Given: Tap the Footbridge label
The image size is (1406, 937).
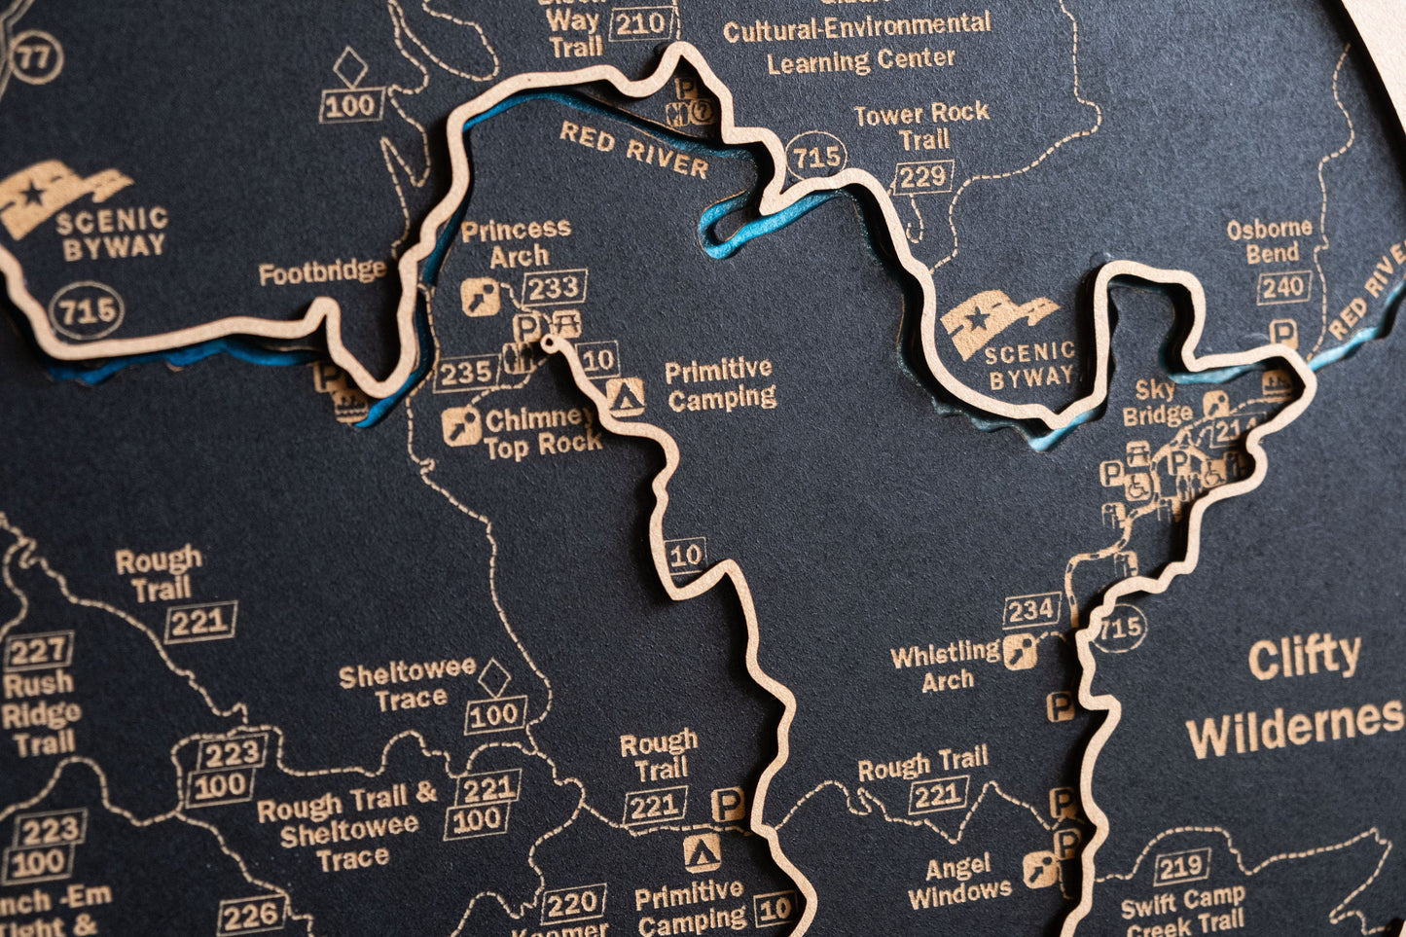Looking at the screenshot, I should pyautogui.click(x=322, y=271).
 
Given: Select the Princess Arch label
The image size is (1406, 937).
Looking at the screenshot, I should pyautogui.click(x=517, y=242).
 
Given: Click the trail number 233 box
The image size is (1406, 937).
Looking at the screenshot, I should pyautogui.click(x=556, y=287).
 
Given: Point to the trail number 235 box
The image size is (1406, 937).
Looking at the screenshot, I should pyautogui.click(x=466, y=372).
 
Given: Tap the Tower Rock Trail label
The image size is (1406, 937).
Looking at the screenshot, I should pyautogui.click(x=921, y=126).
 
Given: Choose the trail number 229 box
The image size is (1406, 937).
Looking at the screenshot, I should pyautogui.click(x=922, y=177).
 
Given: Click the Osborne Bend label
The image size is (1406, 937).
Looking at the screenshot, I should pyautogui.click(x=1270, y=240).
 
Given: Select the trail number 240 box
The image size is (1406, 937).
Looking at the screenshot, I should pyautogui.click(x=1283, y=288).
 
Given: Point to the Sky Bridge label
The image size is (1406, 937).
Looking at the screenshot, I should pyautogui.click(x=1157, y=403).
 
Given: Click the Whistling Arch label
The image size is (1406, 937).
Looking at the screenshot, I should pyautogui.click(x=946, y=666).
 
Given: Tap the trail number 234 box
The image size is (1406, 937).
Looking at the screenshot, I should pyautogui.click(x=1031, y=610).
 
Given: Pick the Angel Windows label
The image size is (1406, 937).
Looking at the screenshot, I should pyautogui.click(x=959, y=880).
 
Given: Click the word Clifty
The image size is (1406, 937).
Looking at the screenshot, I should pyautogui.click(x=1304, y=659).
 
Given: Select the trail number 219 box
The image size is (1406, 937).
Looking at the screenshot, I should pyautogui.click(x=1182, y=866).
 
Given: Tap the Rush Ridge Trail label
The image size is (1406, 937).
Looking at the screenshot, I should pyautogui.click(x=41, y=714).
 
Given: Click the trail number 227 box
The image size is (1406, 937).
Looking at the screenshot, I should pyautogui.click(x=39, y=651).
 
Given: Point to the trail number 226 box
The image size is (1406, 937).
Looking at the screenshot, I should pyautogui.click(x=252, y=915).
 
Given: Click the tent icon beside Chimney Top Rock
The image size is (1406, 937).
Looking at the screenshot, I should pyautogui.click(x=625, y=396).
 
